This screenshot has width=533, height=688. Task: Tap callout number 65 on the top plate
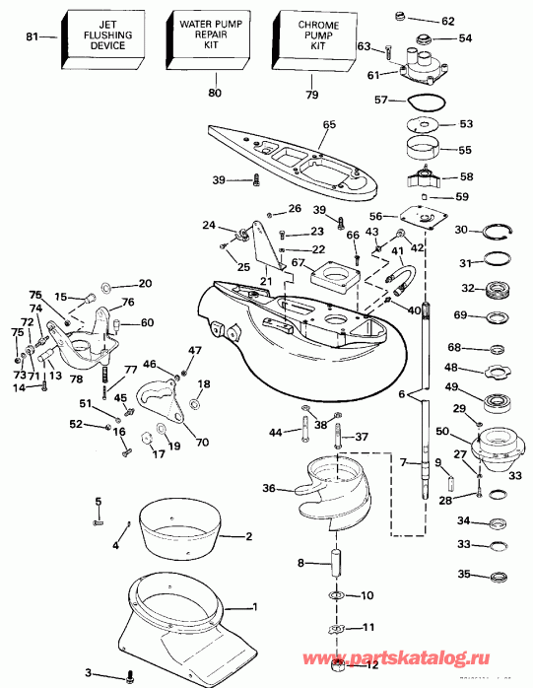329,125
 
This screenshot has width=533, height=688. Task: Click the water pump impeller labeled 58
426,179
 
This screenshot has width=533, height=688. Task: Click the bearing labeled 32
499,290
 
